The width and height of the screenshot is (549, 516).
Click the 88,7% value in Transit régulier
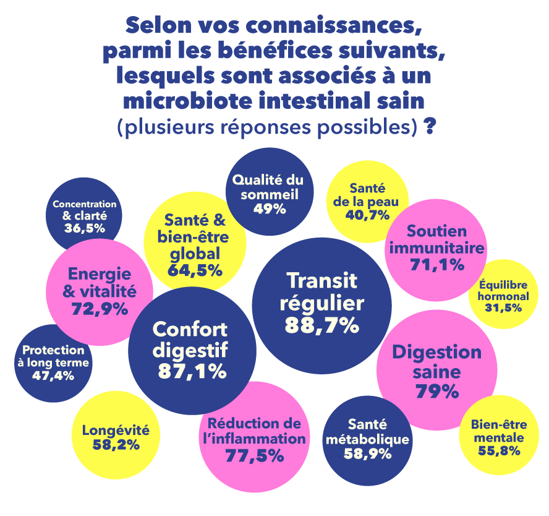pyautogui.click(x=321, y=325)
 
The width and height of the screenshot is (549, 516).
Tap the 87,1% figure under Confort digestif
pyautogui.click(x=192, y=371)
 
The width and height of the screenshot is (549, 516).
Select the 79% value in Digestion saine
pyautogui.click(x=437, y=392)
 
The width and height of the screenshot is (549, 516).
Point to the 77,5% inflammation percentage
pyautogui.click(x=255, y=456)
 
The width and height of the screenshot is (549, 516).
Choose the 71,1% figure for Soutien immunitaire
pyautogui.click(x=436, y=265)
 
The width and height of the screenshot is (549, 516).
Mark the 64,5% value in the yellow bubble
pyautogui.click(x=195, y=270)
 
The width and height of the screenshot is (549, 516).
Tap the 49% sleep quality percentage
pyautogui.click(x=269, y=209)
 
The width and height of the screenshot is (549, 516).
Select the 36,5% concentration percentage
pyautogui.click(x=84, y=228)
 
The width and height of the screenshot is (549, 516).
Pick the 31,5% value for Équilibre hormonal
pyautogui.click(x=503, y=307)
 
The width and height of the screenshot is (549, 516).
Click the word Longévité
pyautogui.click(x=116, y=430)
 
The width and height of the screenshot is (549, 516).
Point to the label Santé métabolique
pyautogui.click(x=367, y=432)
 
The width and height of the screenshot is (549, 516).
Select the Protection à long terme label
pyautogui.click(x=53, y=356)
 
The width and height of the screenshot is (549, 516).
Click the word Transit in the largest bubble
pyautogui.click(x=322, y=280)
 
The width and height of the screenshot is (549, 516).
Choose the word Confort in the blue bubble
pyautogui.click(x=190, y=329)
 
